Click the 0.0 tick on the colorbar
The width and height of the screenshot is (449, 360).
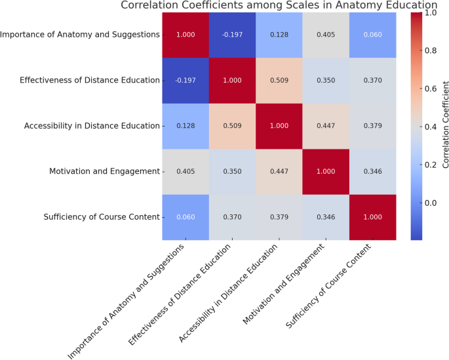[431, 203]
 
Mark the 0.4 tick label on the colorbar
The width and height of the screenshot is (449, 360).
[431, 127]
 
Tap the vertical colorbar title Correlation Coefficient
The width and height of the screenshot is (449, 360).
[446, 125]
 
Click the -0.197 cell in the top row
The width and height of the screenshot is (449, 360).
[233, 34]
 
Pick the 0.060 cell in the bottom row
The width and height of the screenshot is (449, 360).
[186, 217]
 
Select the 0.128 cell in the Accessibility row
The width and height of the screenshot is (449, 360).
[186, 125]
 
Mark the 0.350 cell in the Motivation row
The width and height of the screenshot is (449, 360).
[233, 171]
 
